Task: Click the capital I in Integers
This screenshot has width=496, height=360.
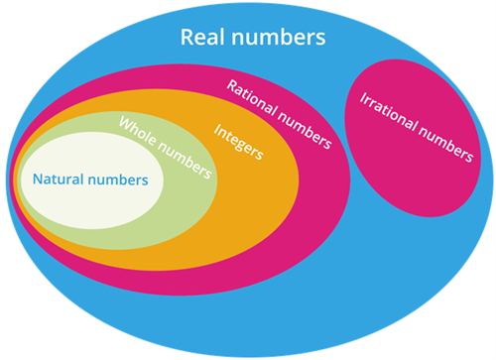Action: [x=217, y=128]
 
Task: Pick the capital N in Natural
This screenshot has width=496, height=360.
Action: [x=38, y=180]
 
